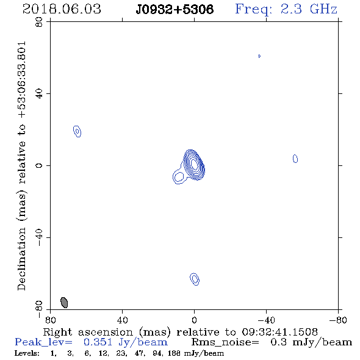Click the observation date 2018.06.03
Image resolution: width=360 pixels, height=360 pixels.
(62, 9)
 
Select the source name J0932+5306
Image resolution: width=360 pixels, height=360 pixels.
(175, 10)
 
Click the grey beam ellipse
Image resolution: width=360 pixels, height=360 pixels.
(64, 303)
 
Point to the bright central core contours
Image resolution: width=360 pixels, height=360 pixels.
(194, 164)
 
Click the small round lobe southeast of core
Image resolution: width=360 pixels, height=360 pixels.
(179, 177)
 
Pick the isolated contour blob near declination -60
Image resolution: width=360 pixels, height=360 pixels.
(195, 279)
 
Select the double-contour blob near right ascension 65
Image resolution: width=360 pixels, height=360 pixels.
(77, 131)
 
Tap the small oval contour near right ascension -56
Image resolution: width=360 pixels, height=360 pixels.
(295, 159)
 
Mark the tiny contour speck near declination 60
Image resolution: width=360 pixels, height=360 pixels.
(259, 56)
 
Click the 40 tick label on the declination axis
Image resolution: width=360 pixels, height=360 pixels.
(39, 94)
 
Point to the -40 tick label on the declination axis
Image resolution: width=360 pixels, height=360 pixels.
(39, 237)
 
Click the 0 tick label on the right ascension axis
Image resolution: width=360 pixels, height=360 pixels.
(194, 320)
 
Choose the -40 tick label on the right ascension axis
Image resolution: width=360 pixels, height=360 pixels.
(266, 320)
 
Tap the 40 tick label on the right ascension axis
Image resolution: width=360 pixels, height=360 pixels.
(122, 320)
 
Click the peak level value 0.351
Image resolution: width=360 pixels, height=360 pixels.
(98, 342)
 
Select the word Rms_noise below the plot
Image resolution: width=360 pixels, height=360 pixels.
(225, 342)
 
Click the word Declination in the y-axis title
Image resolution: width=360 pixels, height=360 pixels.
(21, 259)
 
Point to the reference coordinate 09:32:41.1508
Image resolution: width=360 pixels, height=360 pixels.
(279, 332)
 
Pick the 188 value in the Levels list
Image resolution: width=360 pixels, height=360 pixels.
(174, 353)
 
